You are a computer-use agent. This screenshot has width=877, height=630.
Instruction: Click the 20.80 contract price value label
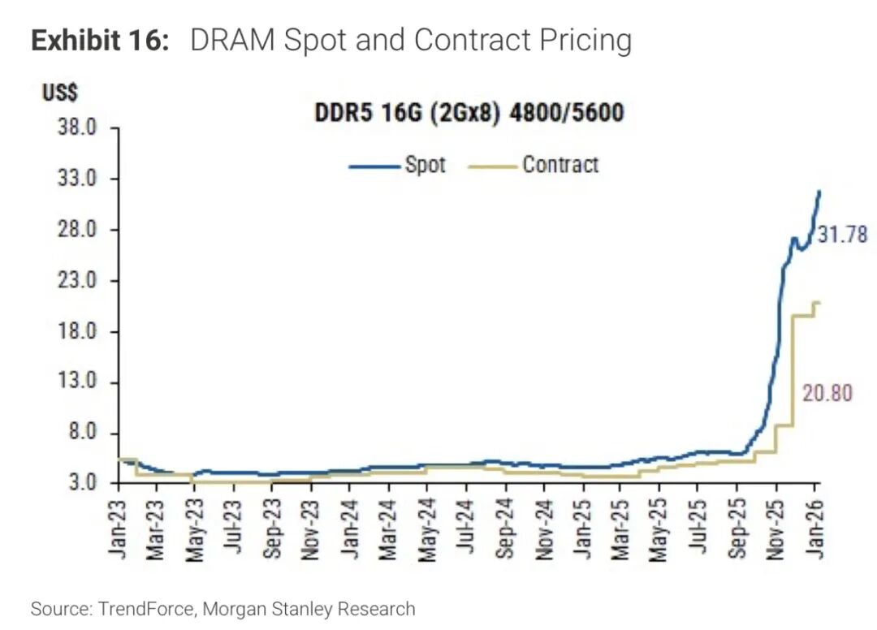[827, 392]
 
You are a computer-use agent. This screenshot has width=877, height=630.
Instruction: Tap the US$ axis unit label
[61, 92]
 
